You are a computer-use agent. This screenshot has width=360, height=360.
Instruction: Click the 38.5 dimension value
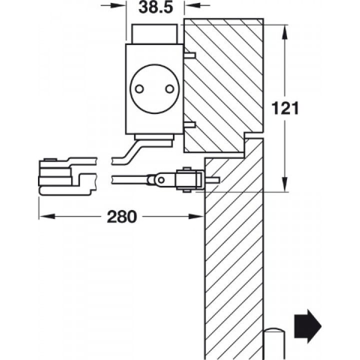click(155, 7)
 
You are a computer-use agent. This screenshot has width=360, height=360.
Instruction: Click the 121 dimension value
click(285, 108)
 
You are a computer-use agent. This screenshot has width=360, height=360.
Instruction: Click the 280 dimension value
click(121, 216)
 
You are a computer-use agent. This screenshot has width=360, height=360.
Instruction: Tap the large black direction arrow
click(307, 326)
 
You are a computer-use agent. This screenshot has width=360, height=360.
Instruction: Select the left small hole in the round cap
click(139, 89)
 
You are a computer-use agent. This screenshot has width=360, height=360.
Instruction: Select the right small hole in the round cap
click(170, 89)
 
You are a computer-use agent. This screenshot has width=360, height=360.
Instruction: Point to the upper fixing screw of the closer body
click(189, 55)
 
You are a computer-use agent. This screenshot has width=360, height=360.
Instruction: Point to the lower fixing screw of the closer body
click(189, 125)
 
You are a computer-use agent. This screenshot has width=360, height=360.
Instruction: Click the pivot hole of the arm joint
click(161, 180)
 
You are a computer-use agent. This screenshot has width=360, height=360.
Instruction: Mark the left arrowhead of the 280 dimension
click(47, 216)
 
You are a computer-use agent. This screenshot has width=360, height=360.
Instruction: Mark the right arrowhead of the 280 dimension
click(196, 216)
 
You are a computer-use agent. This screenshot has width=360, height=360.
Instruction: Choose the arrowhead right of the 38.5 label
click(193, 5)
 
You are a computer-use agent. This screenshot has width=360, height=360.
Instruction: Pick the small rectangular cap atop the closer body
click(154, 34)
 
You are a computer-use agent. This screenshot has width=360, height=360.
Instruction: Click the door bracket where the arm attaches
click(189, 180)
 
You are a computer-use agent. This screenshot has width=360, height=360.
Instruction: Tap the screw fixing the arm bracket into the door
click(212, 180)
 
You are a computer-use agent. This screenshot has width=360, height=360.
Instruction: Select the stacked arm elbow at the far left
click(55, 176)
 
